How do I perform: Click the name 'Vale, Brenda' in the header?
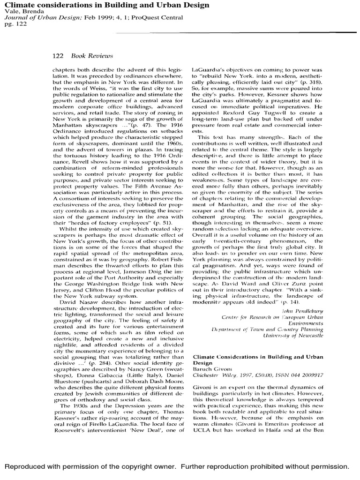(x=21, y=10)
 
